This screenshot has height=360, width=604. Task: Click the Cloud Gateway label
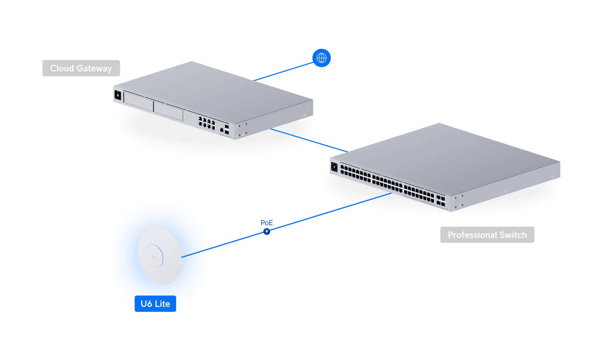[x=81, y=68]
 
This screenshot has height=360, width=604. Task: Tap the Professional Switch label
[x=487, y=235]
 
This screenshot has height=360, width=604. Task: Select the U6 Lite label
[x=155, y=304]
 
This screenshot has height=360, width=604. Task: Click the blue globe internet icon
[x=321, y=58]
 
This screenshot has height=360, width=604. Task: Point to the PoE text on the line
[x=267, y=223]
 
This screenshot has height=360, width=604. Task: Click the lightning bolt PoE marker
[x=267, y=231]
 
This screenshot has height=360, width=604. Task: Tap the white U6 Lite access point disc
[x=159, y=254]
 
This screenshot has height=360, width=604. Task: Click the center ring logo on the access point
[x=154, y=257]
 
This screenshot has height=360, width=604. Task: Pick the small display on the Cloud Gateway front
[x=118, y=95]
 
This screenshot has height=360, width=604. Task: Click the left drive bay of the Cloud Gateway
[x=138, y=101]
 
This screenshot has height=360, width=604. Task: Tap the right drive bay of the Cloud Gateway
[x=168, y=111]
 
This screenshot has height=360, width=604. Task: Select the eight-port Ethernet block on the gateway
[x=207, y=123]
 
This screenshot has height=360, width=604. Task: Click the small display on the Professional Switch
[x=334, y=167]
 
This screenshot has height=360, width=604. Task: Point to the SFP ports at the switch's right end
[x=440, y=201]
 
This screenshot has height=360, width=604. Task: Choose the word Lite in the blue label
[x=162, y=304]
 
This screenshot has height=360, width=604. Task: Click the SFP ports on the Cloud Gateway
[x=227, y=129]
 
